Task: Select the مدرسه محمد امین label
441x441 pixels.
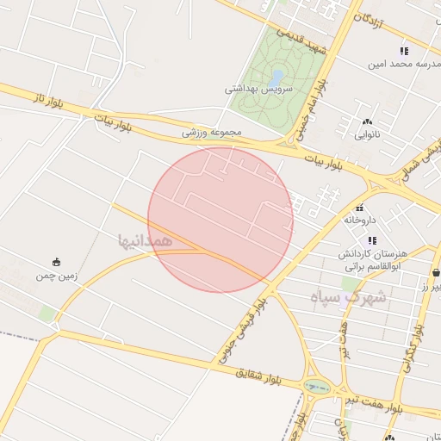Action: coord(404,64)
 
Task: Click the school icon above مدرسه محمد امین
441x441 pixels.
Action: coord(404,52)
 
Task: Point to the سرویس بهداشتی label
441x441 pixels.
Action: coord(259,89)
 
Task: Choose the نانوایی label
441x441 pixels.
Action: coord(369,134)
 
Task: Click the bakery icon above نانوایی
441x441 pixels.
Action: coord(369,122)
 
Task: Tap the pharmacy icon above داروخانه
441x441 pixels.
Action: coord(360,208)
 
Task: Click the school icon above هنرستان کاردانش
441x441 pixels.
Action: coord(372,240)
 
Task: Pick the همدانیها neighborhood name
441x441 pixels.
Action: coord(146,239)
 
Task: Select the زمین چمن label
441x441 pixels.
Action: coord(57,276)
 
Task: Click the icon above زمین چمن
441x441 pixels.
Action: coord(57,262)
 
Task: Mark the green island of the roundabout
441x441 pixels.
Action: coord(317,387)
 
